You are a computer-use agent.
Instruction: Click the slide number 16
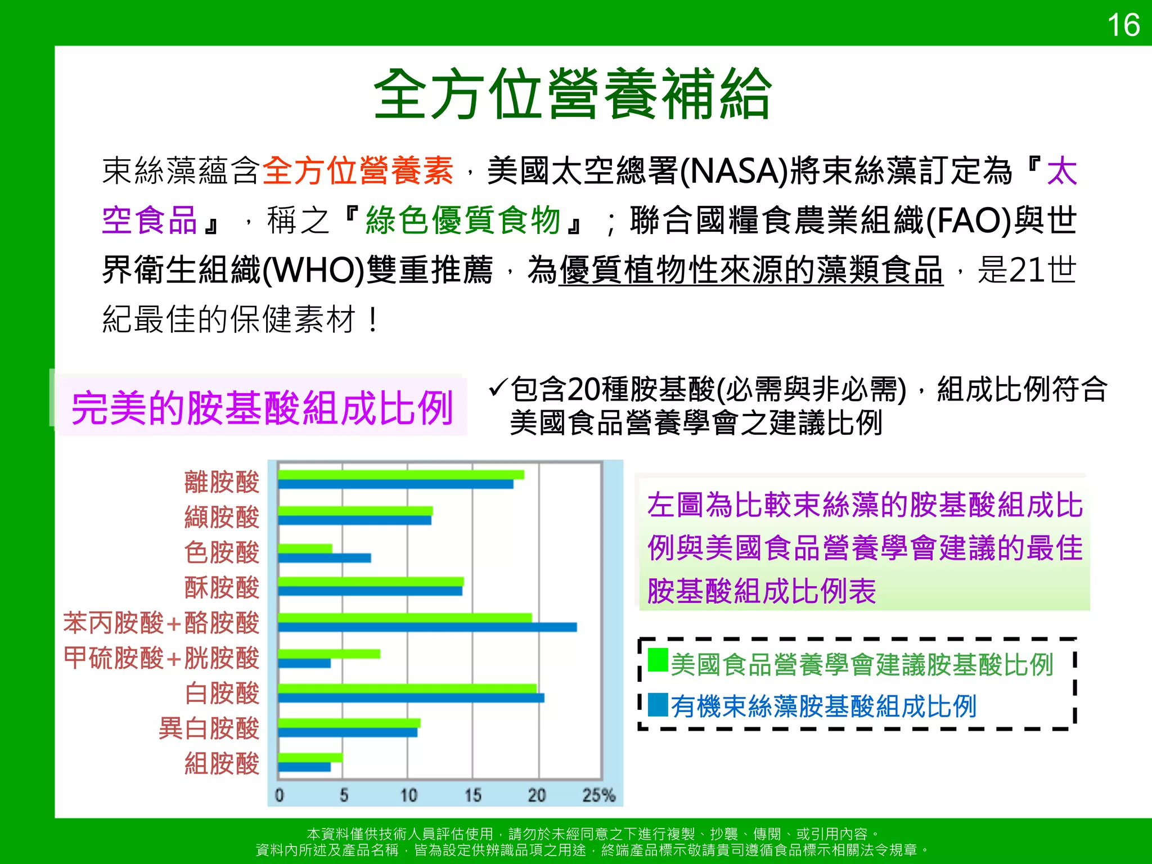click(1123, 26)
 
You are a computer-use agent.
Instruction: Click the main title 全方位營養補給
click(573, 94)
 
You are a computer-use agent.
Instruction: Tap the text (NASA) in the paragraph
click(733, 171)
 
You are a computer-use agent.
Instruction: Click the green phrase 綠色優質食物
click(463, 220)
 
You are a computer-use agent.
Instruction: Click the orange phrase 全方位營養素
click(358, 171)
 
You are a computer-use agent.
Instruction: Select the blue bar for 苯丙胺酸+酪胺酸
click(427, 627)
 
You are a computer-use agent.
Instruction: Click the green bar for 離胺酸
click(400, 475)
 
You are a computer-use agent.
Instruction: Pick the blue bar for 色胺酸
click(325, 558)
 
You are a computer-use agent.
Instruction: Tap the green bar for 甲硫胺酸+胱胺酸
click(329, 654)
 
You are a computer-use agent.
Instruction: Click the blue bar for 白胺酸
click(411, 698)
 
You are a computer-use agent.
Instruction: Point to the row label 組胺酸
click(222, 764)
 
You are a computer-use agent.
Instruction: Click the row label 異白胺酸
click(209, 728)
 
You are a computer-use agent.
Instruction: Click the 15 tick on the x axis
click(472, 795)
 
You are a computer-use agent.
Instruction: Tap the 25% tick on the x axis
click(598, 795)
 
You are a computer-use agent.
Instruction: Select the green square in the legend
click(658, 660)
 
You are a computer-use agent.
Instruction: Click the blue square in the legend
click(658, 705)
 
